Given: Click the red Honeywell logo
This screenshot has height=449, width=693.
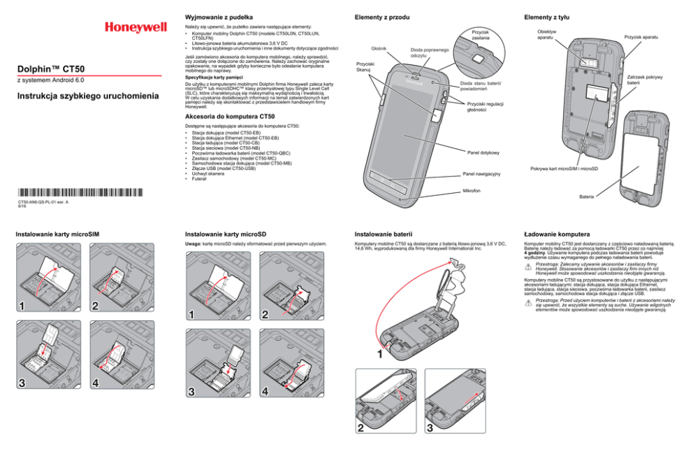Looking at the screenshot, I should tap(136, 28).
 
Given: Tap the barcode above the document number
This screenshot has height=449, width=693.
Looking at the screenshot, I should tap(79, 192).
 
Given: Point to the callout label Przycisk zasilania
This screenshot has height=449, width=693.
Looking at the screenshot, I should tap(480, 34).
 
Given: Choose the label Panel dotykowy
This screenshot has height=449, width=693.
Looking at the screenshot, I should tap(482, 152).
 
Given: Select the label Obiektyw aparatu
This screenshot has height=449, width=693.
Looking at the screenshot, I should tap(547, 34).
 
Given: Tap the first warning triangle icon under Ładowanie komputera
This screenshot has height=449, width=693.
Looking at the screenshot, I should tap(528, 267).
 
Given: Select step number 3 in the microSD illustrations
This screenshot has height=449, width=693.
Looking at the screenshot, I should tap(192, 391).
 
